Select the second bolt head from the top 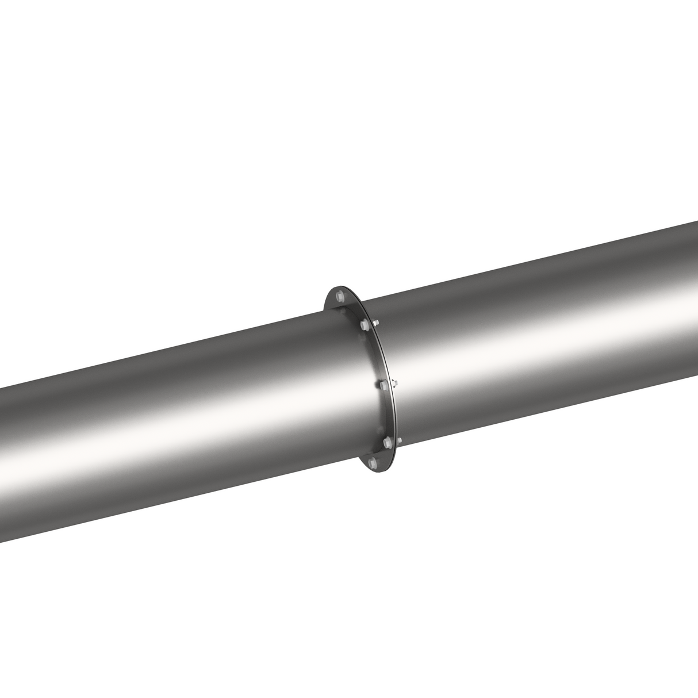pyautogui.click(x=363, y=325)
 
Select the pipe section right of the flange pyautogui.click(x=546, y=333)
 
